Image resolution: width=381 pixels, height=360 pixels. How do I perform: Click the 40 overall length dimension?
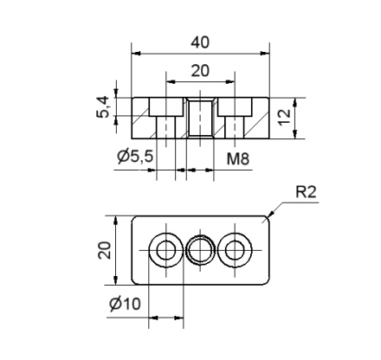[x=201, y=42]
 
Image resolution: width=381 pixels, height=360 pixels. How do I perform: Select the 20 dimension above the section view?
[x=201, y=71]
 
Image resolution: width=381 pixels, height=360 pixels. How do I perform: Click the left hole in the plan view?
[x=165, y=251]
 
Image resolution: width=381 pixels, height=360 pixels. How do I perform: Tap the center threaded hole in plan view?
[x=201, y=251]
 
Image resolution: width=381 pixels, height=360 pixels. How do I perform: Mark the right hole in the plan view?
[x=235, y=251]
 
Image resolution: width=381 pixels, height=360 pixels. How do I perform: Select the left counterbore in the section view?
[x=165, y=107]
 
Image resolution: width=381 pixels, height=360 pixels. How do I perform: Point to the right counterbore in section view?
[x=235, y=107]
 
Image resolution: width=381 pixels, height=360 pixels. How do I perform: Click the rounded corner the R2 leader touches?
[x=268, y=218]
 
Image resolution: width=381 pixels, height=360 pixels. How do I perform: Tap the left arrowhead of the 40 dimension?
[x=136, y=53]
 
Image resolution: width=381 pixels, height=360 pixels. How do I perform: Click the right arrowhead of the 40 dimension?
[x=265, y=53]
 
